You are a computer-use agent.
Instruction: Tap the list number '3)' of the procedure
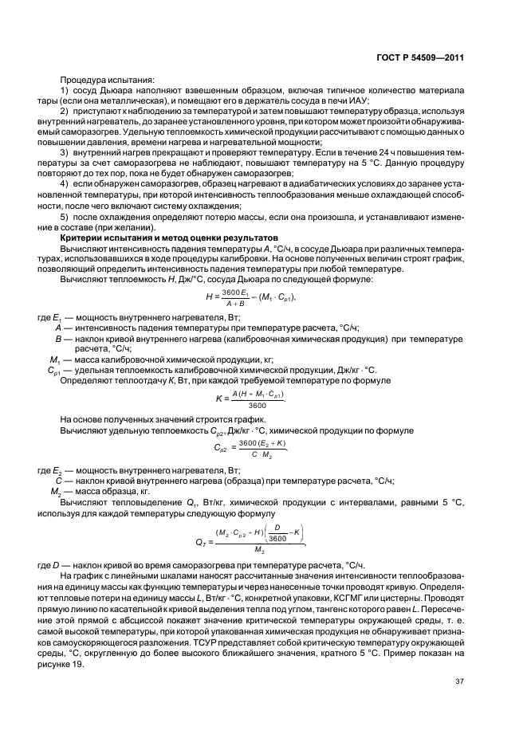coord(65,151)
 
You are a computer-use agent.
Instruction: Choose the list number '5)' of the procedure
coord(65,218)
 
